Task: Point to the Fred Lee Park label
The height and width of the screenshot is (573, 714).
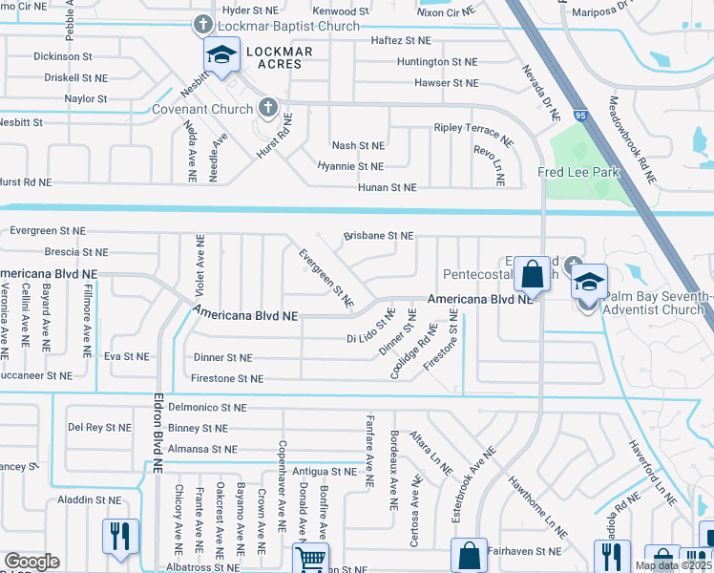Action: [578, 172]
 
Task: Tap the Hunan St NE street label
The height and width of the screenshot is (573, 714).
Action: [387, 187]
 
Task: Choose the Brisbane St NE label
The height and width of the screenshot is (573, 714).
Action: [378, 235]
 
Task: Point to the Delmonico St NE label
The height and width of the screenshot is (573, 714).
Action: [207, 407]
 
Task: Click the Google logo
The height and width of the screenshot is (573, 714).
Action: [31, 562]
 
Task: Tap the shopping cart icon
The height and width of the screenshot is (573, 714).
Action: [310, 559]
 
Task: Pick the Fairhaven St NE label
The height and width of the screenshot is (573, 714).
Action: [524, 551]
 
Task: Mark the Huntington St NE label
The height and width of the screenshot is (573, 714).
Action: [437, 61]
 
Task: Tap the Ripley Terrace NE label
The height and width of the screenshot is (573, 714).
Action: [473, 134]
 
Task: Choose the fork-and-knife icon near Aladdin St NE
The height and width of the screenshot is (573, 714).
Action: [120, 535]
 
